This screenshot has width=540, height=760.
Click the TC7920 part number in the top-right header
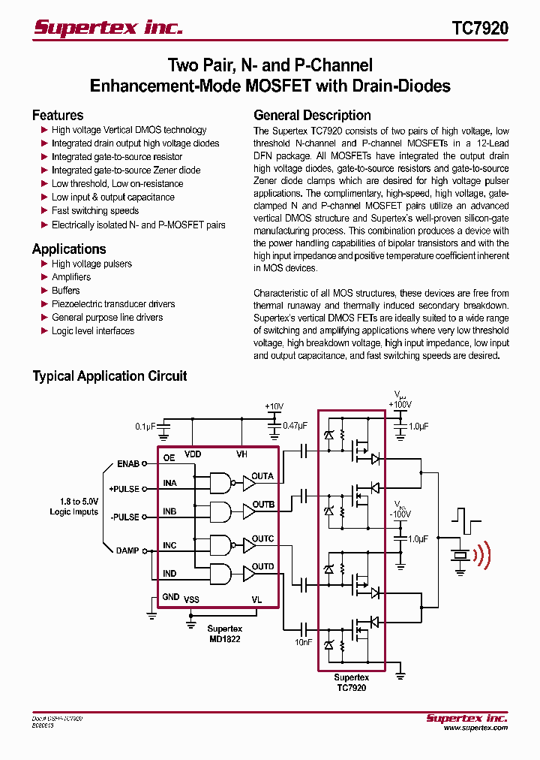point(480,29)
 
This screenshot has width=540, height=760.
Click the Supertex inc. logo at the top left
point(108,28)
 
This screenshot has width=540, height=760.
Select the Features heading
point(58,115)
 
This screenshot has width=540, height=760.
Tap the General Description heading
point(312,115)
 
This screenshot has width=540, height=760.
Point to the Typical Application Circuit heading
point(109,376)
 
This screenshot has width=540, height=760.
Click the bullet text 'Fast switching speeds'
point(94,211)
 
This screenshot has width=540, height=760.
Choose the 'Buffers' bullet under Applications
point(65,291)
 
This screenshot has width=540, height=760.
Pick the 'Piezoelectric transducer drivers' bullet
point(112,304)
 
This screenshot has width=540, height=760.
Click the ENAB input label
point(128,463)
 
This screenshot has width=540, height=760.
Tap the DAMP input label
point(127,550)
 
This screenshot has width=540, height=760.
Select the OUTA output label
point(262,476)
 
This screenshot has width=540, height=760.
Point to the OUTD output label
point(262,567)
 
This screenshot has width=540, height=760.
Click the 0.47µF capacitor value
point(295,426)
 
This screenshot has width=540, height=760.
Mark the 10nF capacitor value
point(304,643)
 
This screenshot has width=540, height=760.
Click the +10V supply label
point(274,406)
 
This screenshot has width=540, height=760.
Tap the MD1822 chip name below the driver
point(224,638)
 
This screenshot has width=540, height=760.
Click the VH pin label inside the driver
point(241,454)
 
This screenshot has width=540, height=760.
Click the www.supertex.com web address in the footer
point(475,728)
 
